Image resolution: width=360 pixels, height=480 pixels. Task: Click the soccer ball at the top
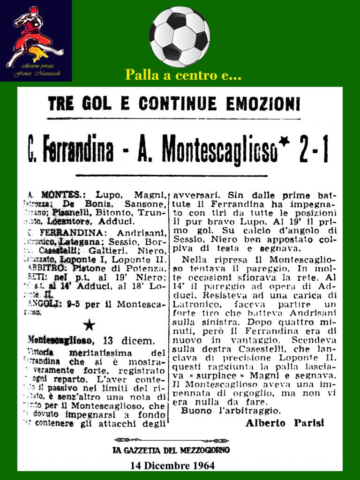coord(180,36)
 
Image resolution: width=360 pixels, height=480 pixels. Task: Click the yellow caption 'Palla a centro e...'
coord(183,75)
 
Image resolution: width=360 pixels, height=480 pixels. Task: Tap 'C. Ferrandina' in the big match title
coord(71,150)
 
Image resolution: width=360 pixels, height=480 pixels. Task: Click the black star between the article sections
coord(89,325)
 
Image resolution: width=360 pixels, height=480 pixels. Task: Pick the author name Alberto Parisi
coord(285,423)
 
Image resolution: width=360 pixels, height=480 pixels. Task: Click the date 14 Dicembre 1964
coord(172,465)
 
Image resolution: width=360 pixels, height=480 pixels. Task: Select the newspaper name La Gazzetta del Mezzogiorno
coord(171,450)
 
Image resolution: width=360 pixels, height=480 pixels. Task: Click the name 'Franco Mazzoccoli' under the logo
coord(36,74)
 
